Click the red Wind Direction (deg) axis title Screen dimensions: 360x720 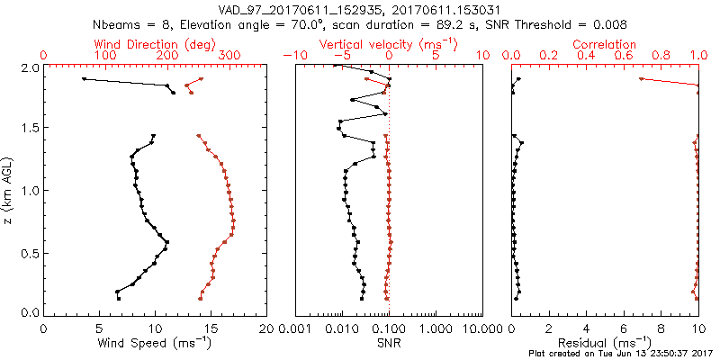(156, 43)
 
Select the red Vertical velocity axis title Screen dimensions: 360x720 (388, 43)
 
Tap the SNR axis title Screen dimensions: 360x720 (388, 342)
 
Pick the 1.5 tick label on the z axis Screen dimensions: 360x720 (29, 128)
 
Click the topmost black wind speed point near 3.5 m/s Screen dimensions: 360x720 (84, 79)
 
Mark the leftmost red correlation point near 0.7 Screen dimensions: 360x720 (641, 79)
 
